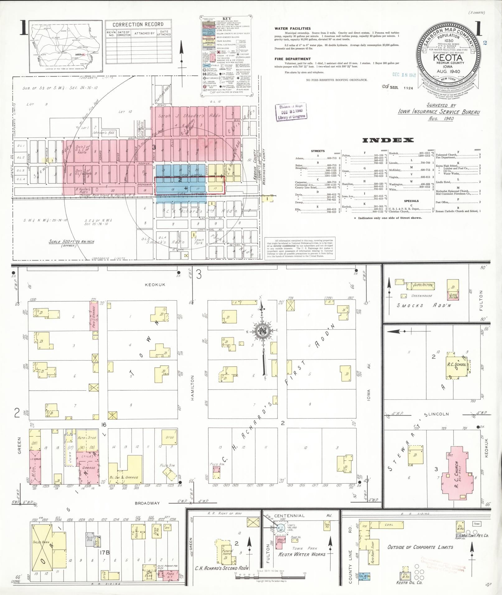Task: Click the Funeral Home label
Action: (x=227, y=551)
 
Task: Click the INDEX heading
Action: (x=388, y=140)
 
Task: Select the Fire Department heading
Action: (x=292, y=59)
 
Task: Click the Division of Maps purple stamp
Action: (x=291, y=111)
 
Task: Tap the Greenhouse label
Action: (x=421, y=295)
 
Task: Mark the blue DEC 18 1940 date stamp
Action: (x=404, y=75)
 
